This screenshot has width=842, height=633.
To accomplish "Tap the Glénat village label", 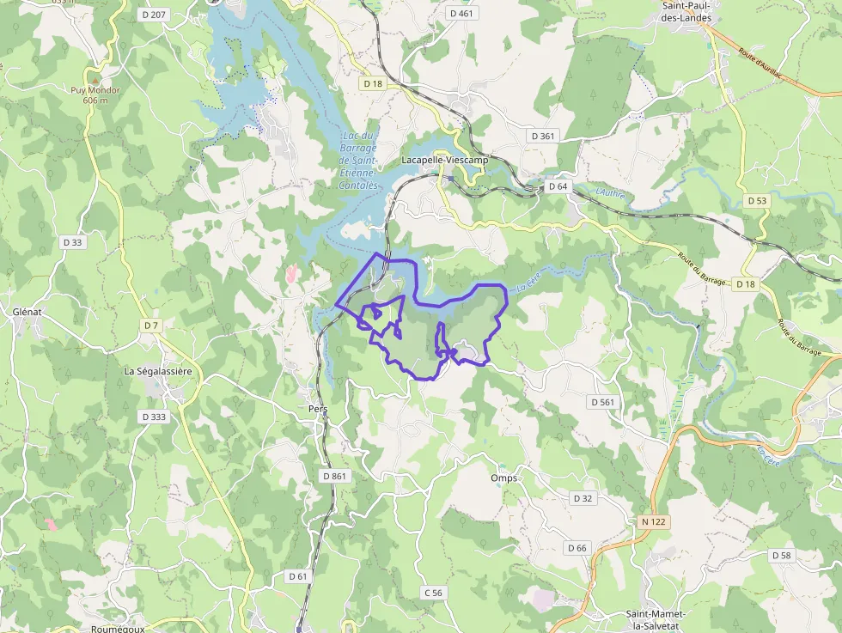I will (x=29, y=311).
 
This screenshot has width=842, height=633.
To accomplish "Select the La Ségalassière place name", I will (x=162, y=371).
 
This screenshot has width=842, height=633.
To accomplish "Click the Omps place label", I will (x=505, y=478).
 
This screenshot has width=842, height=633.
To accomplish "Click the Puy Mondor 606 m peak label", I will (x=95, y=94).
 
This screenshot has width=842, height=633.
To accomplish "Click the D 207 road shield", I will (x=155, y=14).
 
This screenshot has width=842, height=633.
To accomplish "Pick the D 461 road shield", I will (x=461, y=13).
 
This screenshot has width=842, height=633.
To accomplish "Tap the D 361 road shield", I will (x=543, y=136).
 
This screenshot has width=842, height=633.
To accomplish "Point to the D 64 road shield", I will (x=558, y=186).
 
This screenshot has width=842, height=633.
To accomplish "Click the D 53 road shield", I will (x=757, y=200).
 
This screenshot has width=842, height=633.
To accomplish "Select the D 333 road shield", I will (x=154, y=417).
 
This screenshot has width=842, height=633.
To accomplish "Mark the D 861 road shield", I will (x=335, y=475).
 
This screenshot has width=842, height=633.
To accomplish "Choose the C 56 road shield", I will (x=433, y=593).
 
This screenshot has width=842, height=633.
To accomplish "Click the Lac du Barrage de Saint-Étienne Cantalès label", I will (x=358, y=161).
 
